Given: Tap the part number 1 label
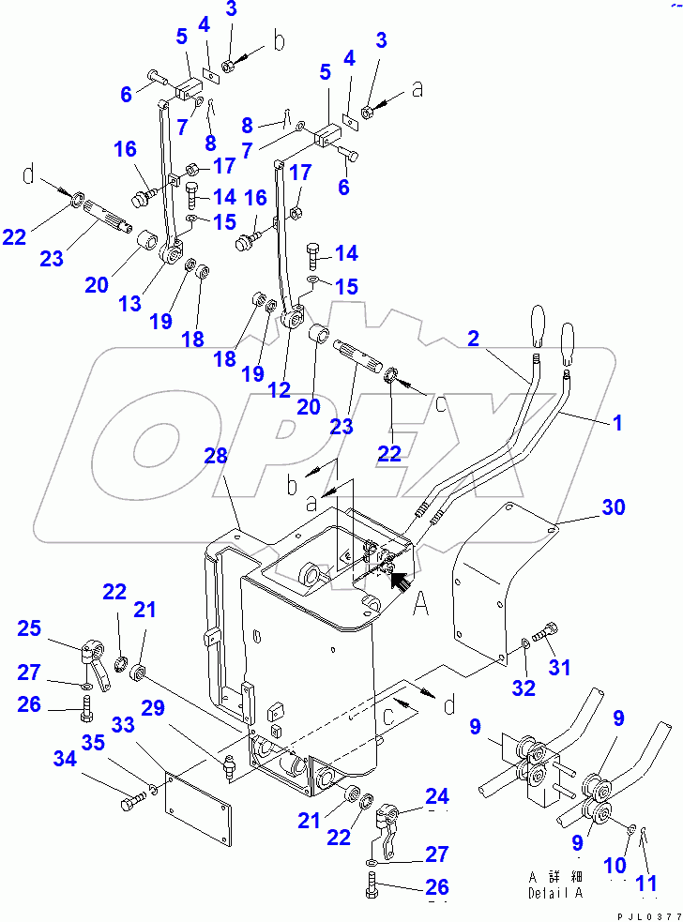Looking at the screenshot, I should click(617, 423).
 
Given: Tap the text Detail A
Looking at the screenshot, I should click(554, 892).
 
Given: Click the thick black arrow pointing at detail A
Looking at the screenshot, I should click(399, 583).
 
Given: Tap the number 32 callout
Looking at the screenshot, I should click(524, 688).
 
